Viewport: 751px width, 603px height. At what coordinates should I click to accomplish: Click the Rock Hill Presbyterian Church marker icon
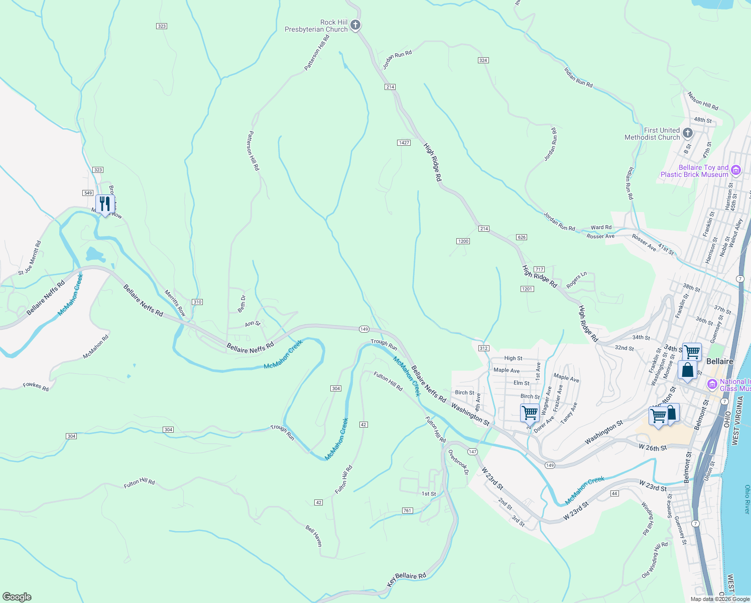(x=355, y=25)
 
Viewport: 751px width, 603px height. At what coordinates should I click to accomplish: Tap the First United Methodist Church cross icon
(x=688, y=133)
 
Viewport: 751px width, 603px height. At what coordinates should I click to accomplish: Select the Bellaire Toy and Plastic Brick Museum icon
(x=736, y=170)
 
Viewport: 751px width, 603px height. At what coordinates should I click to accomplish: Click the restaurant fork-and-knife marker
(x=105, y=204)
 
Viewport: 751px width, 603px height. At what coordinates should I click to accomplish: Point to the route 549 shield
(x=88, y=193)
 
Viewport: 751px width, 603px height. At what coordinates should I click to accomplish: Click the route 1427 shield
(x=404, y=143)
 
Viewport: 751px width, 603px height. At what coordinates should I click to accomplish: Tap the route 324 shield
(x=483, y=60)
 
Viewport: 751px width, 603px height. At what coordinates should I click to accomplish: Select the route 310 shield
(x=197, y=302)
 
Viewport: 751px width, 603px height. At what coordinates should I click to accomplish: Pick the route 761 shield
(x=407, y=511)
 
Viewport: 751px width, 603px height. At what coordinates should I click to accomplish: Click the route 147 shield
(x=472, y=452)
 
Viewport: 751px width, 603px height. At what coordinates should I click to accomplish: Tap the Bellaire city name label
(x=719, y=361)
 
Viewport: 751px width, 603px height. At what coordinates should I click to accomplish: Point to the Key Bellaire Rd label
(x=407, y=579)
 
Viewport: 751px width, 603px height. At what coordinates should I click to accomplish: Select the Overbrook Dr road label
(x=458, y=462)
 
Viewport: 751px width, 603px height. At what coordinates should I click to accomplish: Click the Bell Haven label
(x=314, y=536)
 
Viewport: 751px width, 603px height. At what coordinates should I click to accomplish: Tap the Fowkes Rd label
(x=36, y=387)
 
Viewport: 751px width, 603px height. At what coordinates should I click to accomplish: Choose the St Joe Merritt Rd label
(x=30, y=258)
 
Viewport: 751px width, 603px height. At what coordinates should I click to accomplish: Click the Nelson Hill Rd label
(x=703, y=101)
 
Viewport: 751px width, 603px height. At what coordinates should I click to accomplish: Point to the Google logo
(x=17, y=597)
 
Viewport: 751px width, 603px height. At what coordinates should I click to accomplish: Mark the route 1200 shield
(x=463, y=241)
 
